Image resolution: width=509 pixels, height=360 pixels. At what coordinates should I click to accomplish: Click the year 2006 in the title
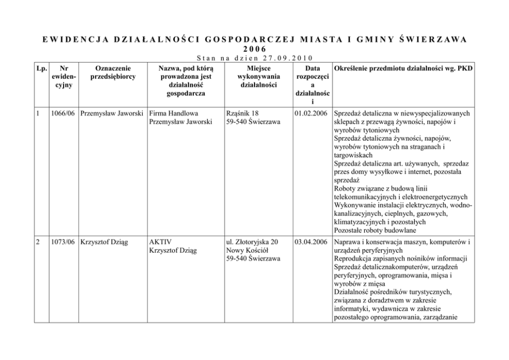255,49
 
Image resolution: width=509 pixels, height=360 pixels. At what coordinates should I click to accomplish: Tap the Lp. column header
42,68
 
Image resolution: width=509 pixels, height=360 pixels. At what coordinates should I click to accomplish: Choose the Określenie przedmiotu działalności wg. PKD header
403,68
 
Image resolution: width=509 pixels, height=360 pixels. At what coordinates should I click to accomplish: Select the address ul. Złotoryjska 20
252,241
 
